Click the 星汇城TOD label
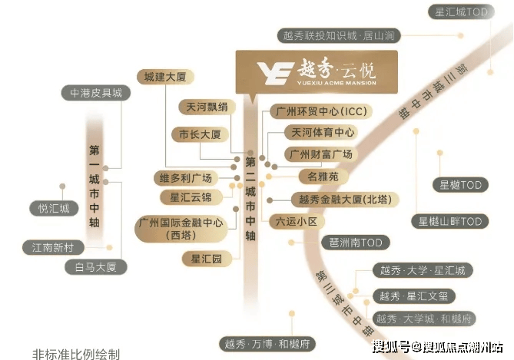pyautogui.click(x=461, y=12)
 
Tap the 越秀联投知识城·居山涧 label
pyautogui.click(x=339, y=35)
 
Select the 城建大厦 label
pyautogui.click(x=165, y=77)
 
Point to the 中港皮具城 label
pyautogui.click(x=96, y=93)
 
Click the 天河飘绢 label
pyautogui.click(x=207, y=107)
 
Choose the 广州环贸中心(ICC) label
pyautogui.click(x=321, y=111)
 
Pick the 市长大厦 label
pyautogui.click(x=200, y=134)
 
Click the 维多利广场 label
pyautogui.click(x=185, y=178)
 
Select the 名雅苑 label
pyautogui.click(x=323, y=177)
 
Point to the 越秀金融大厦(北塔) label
pyautogui.click(x=345, y=200)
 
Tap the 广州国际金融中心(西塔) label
pyautogui.click(x=181, y=229)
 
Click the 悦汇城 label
pyautogui.click(x=54, y=208)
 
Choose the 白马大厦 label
pyautogui.click(x=96, y=267)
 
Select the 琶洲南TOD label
pyautogui.click(x=356, y=243)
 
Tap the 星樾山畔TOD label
pyautogui.click(x=449, y=221)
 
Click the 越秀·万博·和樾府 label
pyautogui.click(x=267, y=344)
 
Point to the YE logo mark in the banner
pyautogui.click(x=275, y=73)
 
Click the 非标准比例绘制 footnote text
pyautogui.click(x=76, y=354)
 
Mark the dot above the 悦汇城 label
pyautogui.click(x=62, y=187)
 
